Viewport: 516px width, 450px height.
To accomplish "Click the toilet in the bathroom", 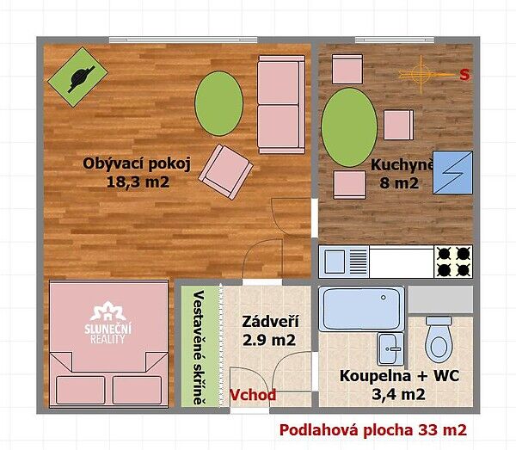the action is pos(439,338).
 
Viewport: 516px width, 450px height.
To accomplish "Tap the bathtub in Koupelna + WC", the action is pos(362,308).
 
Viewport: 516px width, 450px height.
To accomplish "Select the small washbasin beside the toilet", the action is pos(390,349).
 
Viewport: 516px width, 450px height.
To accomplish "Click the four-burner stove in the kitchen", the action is pos(453,262).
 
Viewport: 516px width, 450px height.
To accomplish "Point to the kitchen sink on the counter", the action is pos(344,262).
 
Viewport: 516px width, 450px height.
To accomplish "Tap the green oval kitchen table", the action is pos(349,127).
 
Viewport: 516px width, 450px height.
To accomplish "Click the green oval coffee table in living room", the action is pos(218,103).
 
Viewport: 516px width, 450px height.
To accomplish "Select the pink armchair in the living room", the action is pos(225,171).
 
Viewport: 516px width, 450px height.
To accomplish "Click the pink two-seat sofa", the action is pos(281,105).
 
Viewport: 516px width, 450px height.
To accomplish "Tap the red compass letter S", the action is pos(464,75).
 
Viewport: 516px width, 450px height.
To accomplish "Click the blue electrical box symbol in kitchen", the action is pos(452,172).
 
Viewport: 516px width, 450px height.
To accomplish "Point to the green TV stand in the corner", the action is pos(77,77).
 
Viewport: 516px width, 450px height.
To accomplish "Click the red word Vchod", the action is pos(253,395).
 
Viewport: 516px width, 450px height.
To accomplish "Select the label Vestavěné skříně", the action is pos(199,348).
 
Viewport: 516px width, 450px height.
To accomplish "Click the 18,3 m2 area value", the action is pos(138,182).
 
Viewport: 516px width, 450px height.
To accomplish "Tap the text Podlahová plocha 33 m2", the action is pos(373,430).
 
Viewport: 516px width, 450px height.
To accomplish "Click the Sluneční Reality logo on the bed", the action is pos(108,324).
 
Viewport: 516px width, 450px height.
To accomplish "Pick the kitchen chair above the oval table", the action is pos(347,70).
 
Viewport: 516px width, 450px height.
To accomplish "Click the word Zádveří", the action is pos(271,322).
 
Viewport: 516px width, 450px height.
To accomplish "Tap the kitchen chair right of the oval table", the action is pos(398,125).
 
